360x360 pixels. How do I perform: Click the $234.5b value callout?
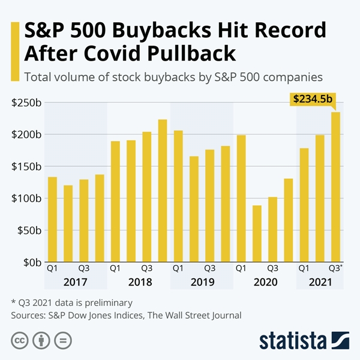pos(311,99)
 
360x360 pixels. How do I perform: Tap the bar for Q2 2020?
pos(257,234)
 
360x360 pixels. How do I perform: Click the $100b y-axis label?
pos(26,198)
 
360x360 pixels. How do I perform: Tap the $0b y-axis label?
pos(30,262)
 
